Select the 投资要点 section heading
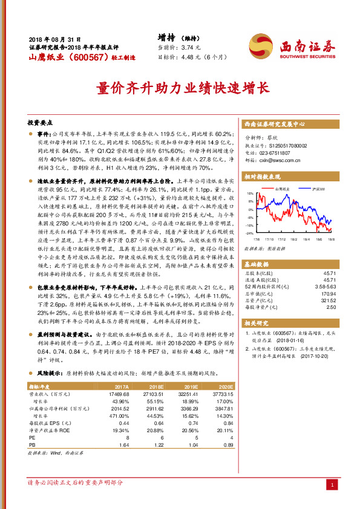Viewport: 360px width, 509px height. pos(42,122)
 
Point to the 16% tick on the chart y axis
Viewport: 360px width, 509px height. pos(250,194)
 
